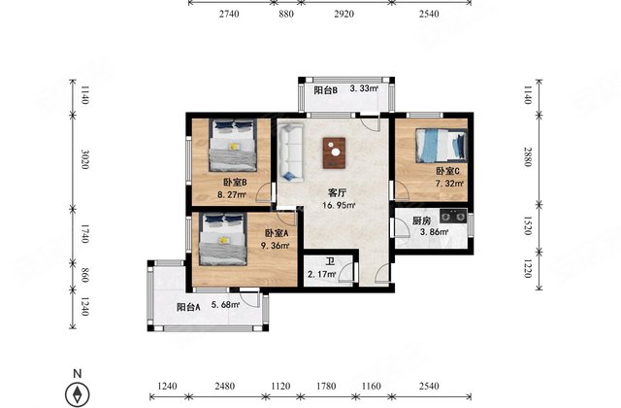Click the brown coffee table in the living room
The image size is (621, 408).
point(335,150)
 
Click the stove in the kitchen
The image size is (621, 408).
point(452,217)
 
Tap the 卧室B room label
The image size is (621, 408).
point(234,182)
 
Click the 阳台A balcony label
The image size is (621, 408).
point(188,307)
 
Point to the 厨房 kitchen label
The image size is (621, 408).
point(420,221)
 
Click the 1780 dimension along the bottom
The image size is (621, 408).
point(327,388)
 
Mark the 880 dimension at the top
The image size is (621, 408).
point(285,14)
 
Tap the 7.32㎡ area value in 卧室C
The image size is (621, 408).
point(449,183)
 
